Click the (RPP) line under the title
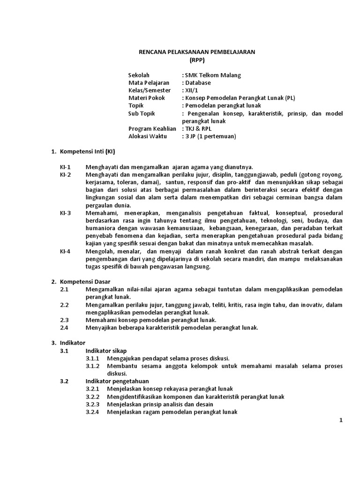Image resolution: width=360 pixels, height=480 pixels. click(197, 60)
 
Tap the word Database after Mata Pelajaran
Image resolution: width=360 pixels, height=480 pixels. click(197, 82)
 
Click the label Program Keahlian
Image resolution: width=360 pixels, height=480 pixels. click(152, 128)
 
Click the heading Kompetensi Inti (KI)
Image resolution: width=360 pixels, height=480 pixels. click(86, 151)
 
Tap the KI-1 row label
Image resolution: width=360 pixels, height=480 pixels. click(65, 167)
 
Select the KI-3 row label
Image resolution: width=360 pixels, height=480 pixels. click(65, 212)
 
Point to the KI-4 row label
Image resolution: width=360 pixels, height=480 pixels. click(65, 251)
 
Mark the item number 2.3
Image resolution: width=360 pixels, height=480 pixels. click(64, 320)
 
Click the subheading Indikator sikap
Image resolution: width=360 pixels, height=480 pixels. click(106, 350)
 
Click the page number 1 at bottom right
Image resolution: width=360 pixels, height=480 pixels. click(342, 420)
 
